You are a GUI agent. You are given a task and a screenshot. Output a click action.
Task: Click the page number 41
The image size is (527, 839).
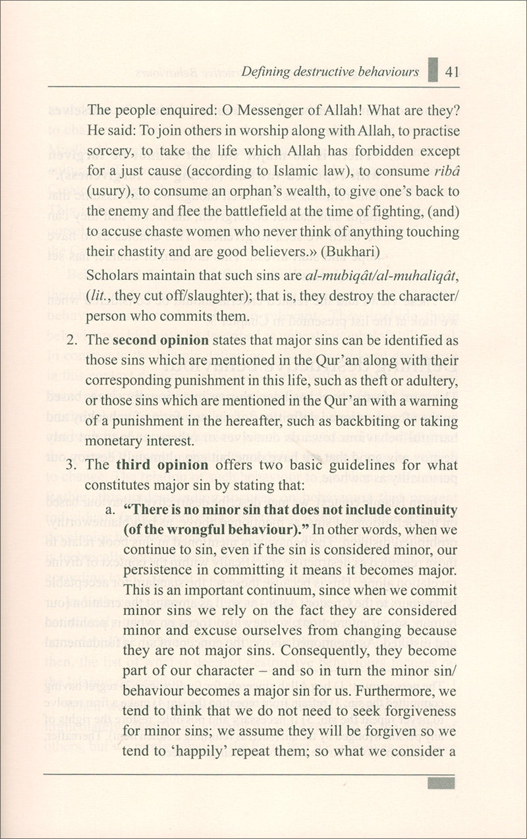point(451,72)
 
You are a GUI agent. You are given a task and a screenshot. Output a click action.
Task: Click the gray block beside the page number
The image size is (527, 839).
point(433,69)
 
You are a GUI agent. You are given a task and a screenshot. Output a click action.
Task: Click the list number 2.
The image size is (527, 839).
point(72,341)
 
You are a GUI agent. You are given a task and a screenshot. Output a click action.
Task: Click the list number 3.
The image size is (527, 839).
point(72,465)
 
